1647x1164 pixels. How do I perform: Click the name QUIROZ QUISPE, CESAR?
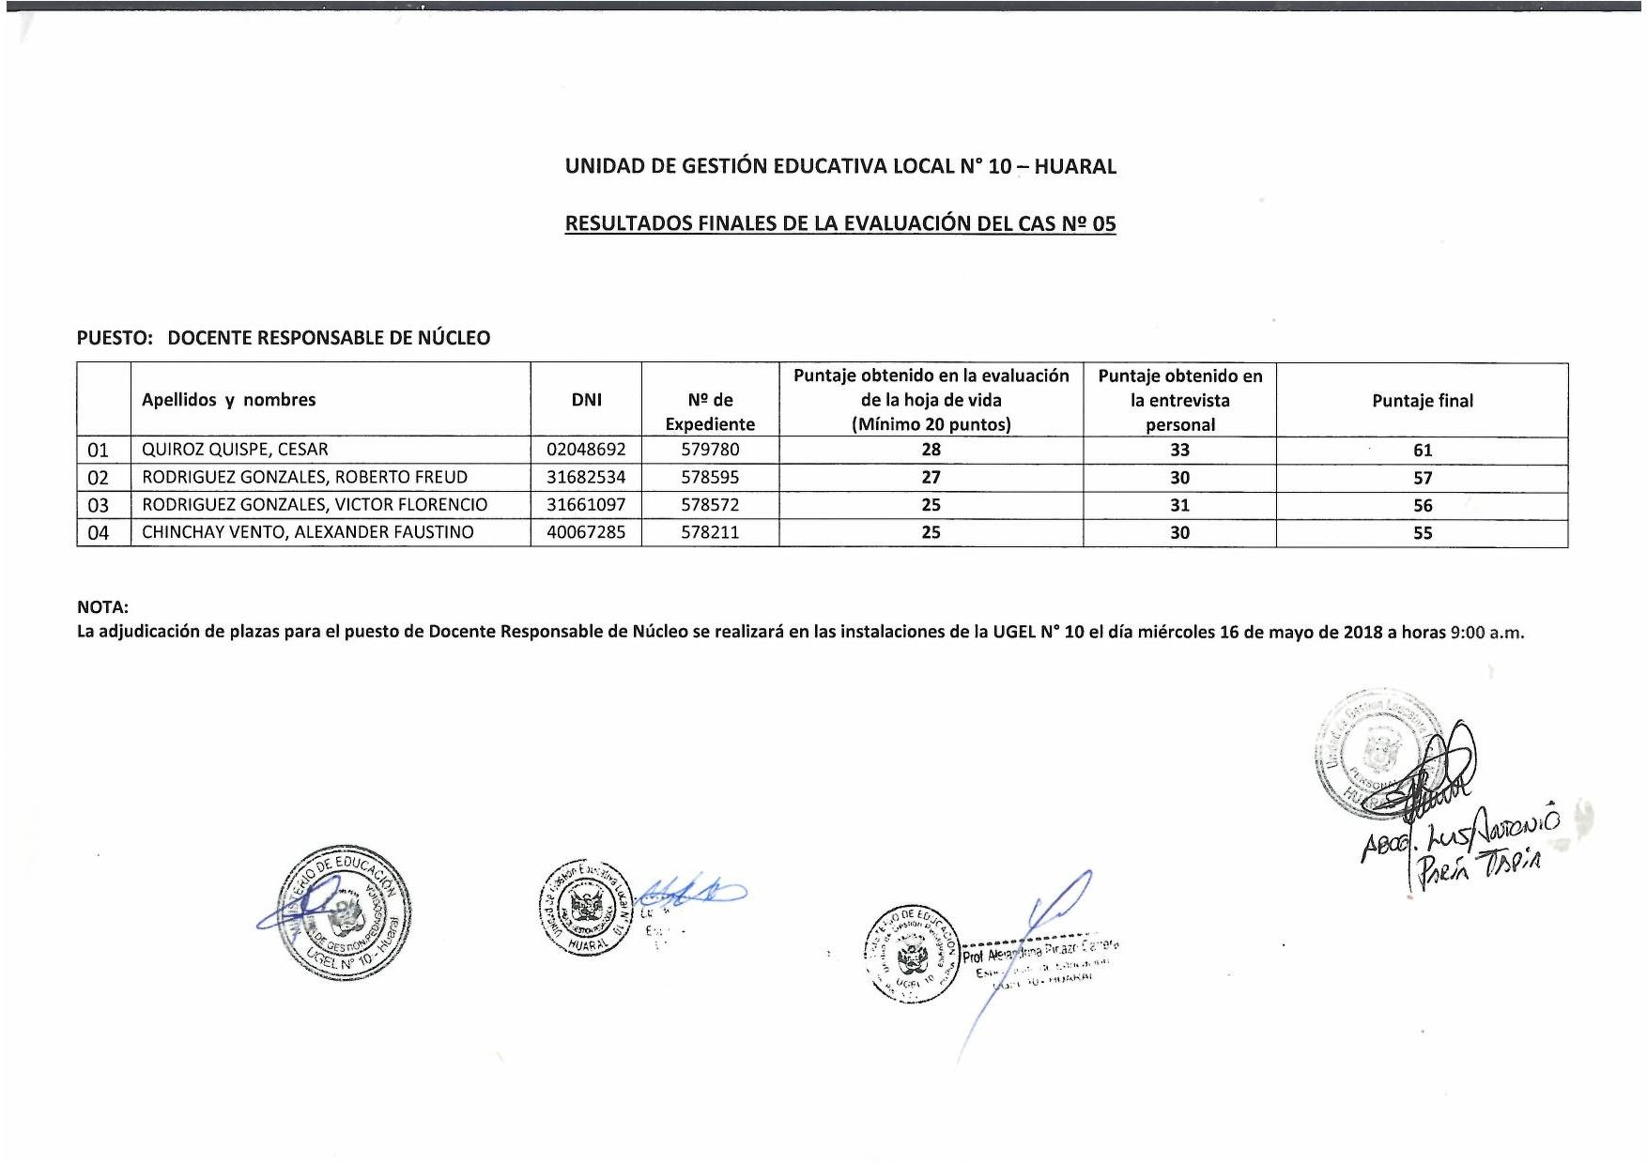pos(235,450)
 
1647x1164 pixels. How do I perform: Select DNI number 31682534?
pos(586,477)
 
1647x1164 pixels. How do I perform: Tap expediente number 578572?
pos(710,504)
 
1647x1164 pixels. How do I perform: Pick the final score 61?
pos(1423,451)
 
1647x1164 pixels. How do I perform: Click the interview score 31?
pos(1179,505)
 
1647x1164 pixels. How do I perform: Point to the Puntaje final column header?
pos(1423,401)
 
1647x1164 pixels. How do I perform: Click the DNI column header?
pos(586,400)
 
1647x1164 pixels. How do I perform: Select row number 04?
pos(99,533)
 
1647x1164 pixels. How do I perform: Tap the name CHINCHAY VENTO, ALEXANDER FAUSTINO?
pos(308,532)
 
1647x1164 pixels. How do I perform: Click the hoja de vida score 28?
pos(931,450)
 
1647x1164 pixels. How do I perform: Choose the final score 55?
pos(1423,533)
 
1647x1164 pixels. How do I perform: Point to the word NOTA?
pos(102,607)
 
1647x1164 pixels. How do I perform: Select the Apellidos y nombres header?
pos(228,400)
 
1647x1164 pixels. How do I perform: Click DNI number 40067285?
pos(586,532)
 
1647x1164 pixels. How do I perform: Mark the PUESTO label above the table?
pos(114,338)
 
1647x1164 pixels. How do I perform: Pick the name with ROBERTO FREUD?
pos(304,477)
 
